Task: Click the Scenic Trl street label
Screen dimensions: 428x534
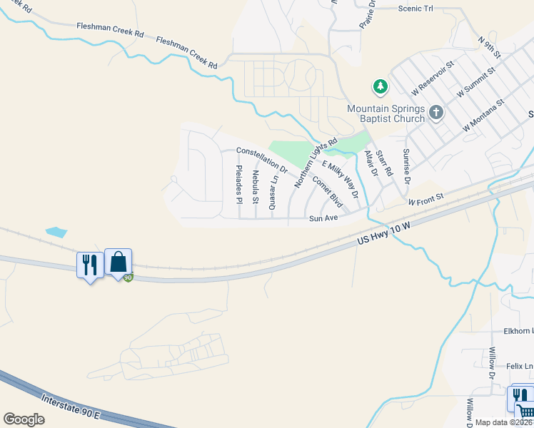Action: tap(415, 9)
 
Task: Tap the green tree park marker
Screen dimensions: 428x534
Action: tap(381, 87)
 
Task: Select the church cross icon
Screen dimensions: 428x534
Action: tap(436, 112)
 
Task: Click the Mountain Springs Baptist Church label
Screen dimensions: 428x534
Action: tap(386, 113)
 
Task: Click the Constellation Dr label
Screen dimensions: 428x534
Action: tap(261, 160)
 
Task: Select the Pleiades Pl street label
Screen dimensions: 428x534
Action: tap(240, 183)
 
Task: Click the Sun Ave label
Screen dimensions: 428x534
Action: tap(323, 218)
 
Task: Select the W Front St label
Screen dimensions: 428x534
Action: tap(426, 198)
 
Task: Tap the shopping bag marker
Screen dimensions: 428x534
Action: tap(118, 263)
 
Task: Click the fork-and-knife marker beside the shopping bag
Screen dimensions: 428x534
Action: tap(89, 265)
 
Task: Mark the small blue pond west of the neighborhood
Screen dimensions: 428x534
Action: tap(56, 232)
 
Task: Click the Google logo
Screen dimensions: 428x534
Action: tap(24, 419)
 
